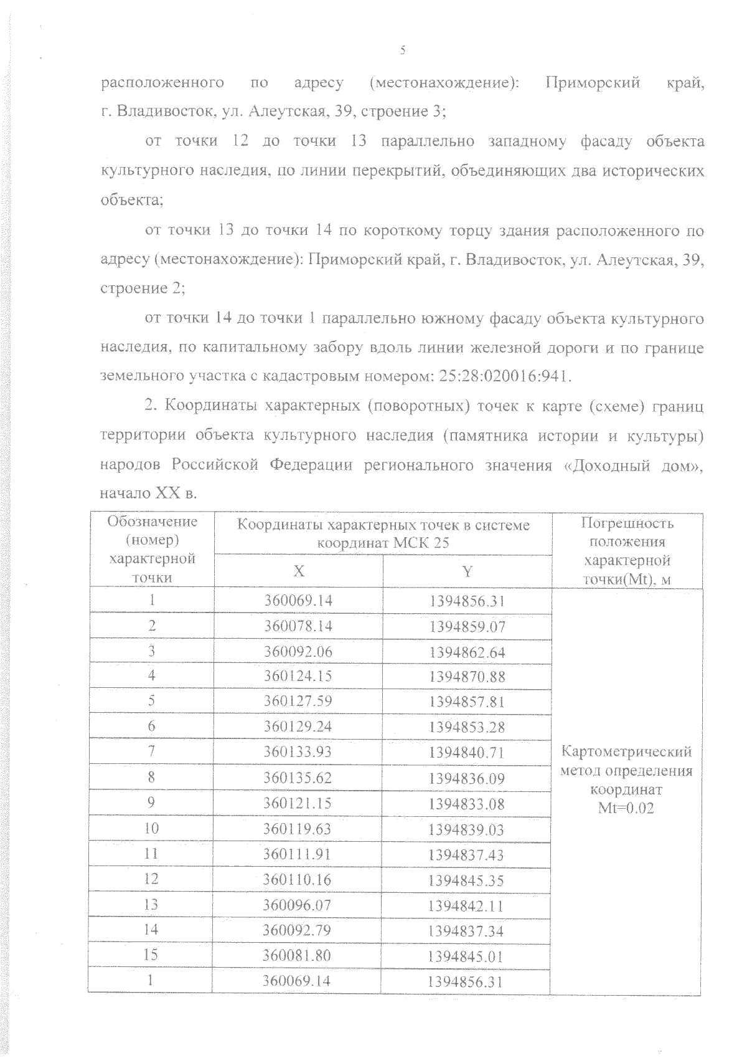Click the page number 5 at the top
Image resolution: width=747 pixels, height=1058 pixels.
[x=403, y=50]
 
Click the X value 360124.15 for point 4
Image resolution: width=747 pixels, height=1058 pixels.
[x=298, y=676]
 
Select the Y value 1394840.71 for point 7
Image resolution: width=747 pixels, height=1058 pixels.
[x=467, y=752]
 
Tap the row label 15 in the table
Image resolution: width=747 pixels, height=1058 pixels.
[x=151, y=955]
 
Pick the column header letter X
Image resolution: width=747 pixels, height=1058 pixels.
[x=299, y=571]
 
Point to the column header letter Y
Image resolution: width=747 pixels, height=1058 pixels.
[x=467, y=571]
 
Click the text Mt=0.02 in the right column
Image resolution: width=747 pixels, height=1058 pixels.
[x=626, y=808]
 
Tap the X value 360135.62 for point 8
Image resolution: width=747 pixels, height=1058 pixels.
[x=298, y=778]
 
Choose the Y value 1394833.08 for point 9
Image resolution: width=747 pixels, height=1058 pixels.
[x=467, y=804]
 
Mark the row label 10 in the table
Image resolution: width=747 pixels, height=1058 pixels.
[x=151, y=828]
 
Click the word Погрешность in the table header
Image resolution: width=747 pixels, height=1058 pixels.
[x=627, y=523]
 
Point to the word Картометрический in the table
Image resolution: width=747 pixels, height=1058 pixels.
[x=626, y=752]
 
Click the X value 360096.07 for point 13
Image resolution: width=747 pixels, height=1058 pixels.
[x=298, y=905]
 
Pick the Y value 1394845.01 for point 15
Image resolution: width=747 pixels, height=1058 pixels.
[x=467, y=956]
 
